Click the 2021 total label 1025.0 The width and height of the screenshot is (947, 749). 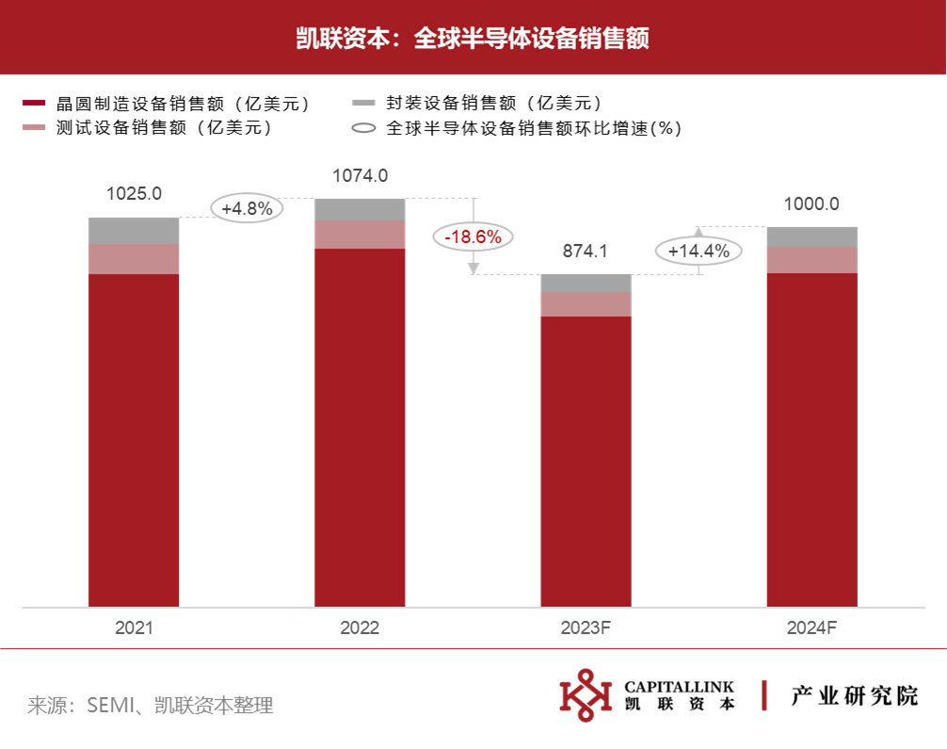pyautogui.click(x=134, y=193)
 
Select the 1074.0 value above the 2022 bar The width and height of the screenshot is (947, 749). pyautogui.click(x=360, y=176)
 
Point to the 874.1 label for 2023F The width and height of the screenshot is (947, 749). pyautogui.click(x=586, y=251)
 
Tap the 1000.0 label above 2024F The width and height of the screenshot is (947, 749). pyautogui.click(x=811, y=204)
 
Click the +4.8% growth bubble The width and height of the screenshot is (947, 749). pyautogui.click(x=247, y=208)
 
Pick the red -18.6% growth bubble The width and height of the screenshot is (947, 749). pyautogui.click(x=473, y=236)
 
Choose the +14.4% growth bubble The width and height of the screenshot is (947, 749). pyautogui.click(x=698, y=251)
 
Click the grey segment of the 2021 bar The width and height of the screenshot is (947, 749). pyautogui.click(x=134, y=231)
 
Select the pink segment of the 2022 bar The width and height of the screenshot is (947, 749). pyautogui.click(x=360, y=235)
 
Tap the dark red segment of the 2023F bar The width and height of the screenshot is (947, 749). pyautogui.click(x=586, y=462)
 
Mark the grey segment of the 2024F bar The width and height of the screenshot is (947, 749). pyautogui.click(x=812, y=237)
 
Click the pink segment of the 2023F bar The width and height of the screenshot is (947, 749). pyautogui.click(x=586, y=304)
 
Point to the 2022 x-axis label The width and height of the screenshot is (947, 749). pyautogui.click(x=360, y=628)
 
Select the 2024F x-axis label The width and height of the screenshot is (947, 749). pyautogui.click(x=811, y=628)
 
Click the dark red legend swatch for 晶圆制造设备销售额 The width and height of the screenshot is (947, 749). pyautogui.click(x=34, y=104)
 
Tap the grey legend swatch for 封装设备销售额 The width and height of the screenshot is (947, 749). pyautogui.click(x=363, y=104)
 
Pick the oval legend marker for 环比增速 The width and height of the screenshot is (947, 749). pyautogui.click(x=363, y=128)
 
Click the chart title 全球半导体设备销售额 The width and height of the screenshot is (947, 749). pyautogui.click(x=532, y=38)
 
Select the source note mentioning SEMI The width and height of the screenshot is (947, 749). pyautogui.click(x=151, y=705)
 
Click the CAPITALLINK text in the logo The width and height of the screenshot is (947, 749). pyautogui.click(x=679, y=687)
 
